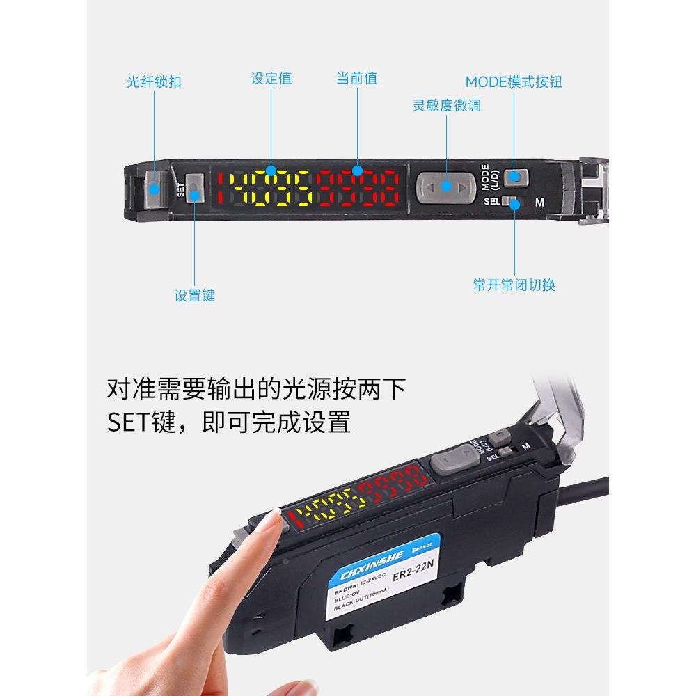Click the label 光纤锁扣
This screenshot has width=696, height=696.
tap(154, 82)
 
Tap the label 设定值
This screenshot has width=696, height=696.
tap(271, 78)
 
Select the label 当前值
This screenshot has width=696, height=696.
tap(357, 78)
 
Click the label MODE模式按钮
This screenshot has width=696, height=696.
tap(514, 82)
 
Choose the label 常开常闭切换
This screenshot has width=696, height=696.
tap(514, 285)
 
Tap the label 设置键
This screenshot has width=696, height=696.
tap(195, 295)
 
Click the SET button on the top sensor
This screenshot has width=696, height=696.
tap(195, 188)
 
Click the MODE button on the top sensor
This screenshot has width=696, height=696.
tap(516, 177)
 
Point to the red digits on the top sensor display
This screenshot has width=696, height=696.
tap(358, 188)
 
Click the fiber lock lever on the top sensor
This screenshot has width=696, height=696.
tap(153, 189)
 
